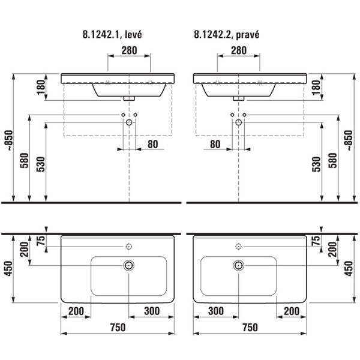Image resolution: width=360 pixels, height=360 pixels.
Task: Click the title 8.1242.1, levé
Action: pos(112,35)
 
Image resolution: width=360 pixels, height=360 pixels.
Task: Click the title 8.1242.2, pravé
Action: pos(227,35)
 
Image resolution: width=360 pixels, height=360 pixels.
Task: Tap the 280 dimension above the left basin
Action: pos(129,50)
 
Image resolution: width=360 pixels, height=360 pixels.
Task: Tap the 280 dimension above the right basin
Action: pos(239,50)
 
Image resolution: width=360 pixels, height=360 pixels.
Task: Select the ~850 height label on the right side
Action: pos(349,140)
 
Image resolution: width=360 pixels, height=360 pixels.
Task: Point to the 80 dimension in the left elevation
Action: pos(152,145)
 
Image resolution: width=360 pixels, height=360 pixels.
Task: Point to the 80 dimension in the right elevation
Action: pos(215,145)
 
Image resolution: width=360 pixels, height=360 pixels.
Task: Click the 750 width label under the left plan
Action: pos(118,328)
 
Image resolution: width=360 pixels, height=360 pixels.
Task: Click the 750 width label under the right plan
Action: pos(250,328)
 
